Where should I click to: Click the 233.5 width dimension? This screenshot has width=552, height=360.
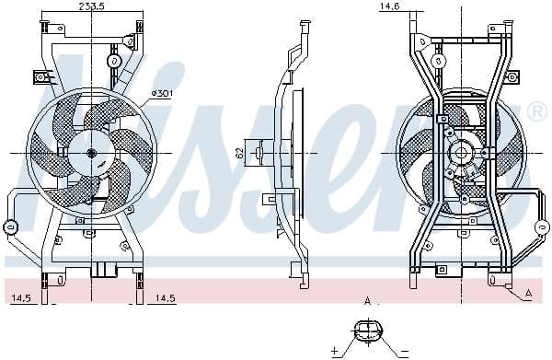click(88, 6)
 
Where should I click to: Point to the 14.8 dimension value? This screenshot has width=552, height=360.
click(389, 6)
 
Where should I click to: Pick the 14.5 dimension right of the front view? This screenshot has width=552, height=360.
click(166, 298)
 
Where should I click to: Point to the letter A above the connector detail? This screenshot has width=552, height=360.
click(368, 300)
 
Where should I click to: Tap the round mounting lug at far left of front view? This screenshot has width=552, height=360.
click(11, 226)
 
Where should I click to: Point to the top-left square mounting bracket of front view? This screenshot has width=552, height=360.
click(42, 78)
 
